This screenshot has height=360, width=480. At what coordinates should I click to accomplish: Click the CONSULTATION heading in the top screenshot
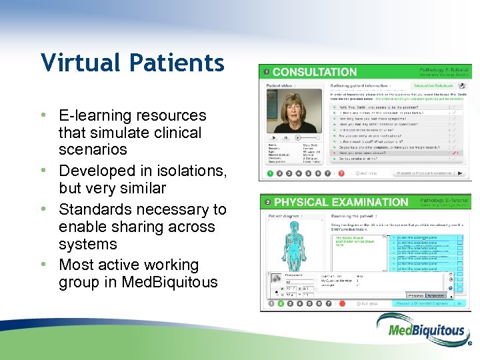(314, 72)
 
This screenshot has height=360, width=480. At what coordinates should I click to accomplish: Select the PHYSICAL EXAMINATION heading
(341, 202)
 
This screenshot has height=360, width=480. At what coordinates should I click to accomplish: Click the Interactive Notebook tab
(433, 85)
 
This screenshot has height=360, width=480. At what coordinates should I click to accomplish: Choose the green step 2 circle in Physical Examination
(281, 303)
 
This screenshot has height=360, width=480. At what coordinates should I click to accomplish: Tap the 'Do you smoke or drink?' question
(367, 159)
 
